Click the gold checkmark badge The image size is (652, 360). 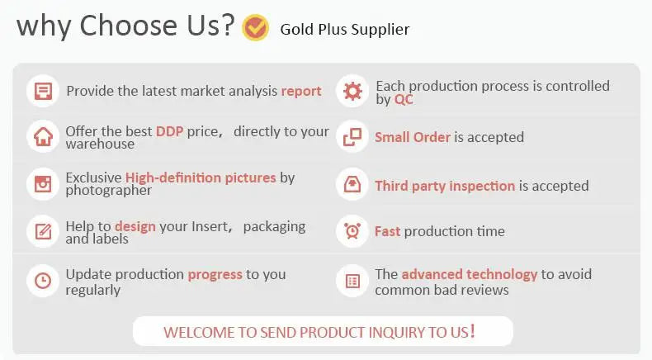(x=255, y=27)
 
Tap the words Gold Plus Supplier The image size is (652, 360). (x=345, y=30)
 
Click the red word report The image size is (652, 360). (x=301, y=91)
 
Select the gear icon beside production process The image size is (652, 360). (x=352, y=91)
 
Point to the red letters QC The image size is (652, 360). (x=404, y=99)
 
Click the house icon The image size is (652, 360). (x=43, y=136)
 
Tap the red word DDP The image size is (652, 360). (x=170, y=131)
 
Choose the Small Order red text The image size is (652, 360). (x=413, y=137)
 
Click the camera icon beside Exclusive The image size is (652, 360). (x=43, y=183)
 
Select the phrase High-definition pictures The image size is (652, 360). (x=201, y=178)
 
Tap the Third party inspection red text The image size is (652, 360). (x=445, y=186)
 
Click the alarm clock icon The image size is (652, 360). (x=352, y=231)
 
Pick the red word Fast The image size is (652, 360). (x=388, y=231)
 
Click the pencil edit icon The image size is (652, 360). (x=43, y=231)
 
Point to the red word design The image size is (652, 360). (x=135, y=226)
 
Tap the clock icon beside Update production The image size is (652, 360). (x=43, y=281)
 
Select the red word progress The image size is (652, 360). (x=215, y=275)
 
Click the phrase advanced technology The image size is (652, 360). (x=470, y=274)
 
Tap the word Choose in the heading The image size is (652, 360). (x=129, y=26)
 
